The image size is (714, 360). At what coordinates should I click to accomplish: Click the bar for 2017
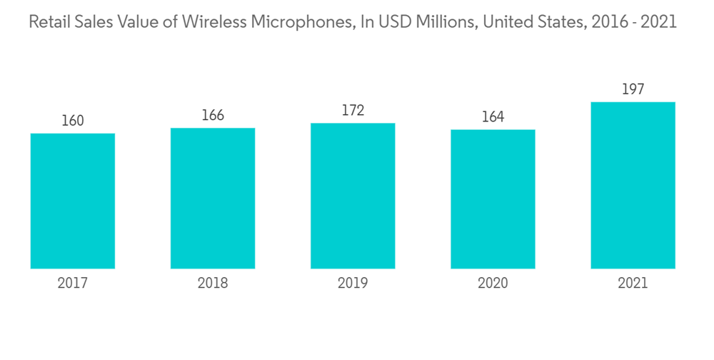73,201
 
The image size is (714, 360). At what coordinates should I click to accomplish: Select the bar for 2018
213,198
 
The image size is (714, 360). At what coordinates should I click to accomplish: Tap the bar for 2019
353,196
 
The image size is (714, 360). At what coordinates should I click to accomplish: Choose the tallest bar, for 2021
633,185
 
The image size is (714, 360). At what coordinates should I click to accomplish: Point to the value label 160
73,121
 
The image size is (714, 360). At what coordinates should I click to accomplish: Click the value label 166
213,115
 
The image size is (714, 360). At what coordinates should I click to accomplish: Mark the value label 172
353,111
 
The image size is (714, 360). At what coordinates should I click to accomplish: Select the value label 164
493,116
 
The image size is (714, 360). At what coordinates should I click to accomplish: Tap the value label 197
633,89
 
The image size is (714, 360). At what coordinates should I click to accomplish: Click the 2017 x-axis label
73,284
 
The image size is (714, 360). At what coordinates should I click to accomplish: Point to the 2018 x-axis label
213,284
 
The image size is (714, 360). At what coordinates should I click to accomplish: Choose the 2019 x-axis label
353,284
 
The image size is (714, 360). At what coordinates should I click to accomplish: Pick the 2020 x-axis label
493,284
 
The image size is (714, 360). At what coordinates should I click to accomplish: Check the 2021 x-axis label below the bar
633,284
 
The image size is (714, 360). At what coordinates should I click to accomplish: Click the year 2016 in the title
603,22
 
